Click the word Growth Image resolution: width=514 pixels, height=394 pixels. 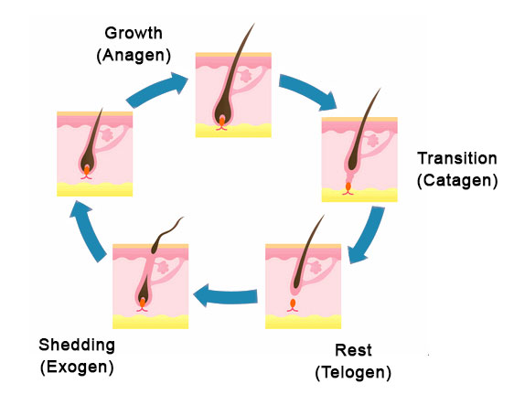(134, 34)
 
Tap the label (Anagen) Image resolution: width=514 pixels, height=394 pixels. (134, 56)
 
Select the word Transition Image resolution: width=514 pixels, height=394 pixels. (457, 158)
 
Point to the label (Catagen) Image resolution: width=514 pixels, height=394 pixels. (457, 180)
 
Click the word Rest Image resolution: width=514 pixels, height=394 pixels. (353, 350)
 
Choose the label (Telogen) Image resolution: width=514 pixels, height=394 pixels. (353, 372)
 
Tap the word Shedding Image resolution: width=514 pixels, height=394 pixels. (77, 346)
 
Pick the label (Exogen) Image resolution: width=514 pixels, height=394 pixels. (77, 367)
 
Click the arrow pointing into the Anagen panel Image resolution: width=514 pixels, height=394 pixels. (156, 89)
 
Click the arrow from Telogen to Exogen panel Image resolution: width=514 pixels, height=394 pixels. (226, 295)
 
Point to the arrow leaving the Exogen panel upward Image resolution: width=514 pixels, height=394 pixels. (88, 230)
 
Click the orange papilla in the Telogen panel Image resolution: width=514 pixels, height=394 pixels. (293, 303)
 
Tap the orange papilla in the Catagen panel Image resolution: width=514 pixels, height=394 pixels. (348, 186)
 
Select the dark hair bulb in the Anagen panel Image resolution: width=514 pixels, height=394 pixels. (222, 112)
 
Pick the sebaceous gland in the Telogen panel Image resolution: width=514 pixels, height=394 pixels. (316, 267)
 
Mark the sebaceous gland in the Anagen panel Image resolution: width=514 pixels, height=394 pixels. (245, 76)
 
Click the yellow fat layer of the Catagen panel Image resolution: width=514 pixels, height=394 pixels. (359, 195)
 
